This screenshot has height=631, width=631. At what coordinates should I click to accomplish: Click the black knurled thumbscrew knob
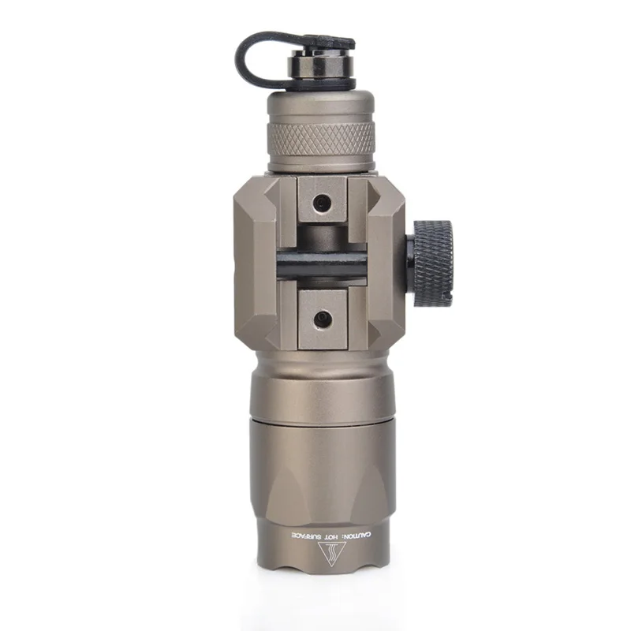point(433,263)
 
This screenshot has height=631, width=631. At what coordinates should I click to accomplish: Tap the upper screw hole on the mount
point(322,200)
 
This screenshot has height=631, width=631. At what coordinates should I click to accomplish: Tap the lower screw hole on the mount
point(321,320)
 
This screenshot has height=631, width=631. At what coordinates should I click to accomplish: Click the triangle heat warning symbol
point(331,553)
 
